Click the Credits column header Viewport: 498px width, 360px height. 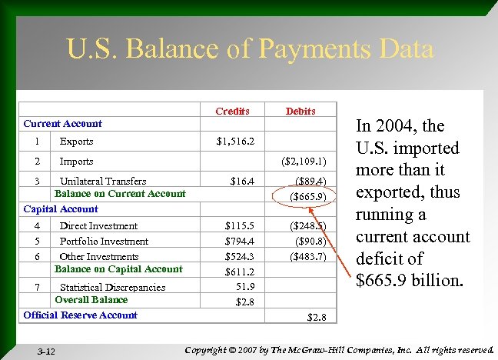click(x=232, y=111)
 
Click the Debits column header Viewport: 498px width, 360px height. click(x=300, y=111)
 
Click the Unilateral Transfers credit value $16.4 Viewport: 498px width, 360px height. click(x=243, y=182)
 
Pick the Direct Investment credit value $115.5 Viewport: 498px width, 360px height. click(x=239, y=226)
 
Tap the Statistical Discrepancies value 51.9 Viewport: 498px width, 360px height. click(x=244, y=286)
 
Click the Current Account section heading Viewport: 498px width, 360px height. click(x=62, y=123)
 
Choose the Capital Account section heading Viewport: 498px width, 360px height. click(x=61, y=208)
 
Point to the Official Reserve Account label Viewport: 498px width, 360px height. click(x=80, y=315)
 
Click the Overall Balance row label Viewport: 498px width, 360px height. click(x=91, y=299)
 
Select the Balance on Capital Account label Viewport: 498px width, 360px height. click(x=118, y=269)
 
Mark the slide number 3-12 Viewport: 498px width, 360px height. click(x=46, y=352)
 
